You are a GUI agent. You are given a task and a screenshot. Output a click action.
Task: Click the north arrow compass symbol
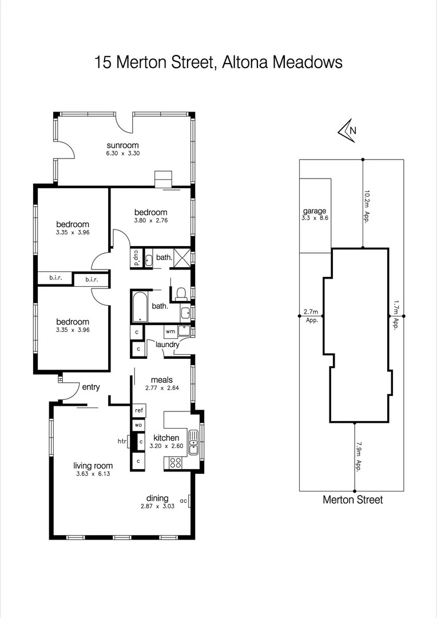tap(347, 130)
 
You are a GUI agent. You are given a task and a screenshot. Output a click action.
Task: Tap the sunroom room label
tap(122, 145)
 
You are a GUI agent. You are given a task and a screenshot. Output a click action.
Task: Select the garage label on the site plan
tap(315, 211)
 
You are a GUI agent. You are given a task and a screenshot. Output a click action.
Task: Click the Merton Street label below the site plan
tap(352, 500)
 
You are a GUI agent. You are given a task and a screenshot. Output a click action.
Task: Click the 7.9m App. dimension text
tap(359, 455)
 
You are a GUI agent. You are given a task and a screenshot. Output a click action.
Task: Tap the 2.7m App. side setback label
tap(311, 316)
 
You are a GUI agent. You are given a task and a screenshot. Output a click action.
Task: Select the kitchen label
tap(166, 438)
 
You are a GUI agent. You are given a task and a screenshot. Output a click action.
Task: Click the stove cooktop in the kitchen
tap(174, 463)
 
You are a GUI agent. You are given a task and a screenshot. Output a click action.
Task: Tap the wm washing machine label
tap(170, 331)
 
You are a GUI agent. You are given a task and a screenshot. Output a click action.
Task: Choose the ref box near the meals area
tap(138, 411)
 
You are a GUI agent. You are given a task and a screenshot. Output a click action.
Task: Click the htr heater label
tap(122, 441)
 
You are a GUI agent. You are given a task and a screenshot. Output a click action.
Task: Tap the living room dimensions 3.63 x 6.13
tap(93, 474)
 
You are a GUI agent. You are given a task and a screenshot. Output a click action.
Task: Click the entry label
tap(91, 387)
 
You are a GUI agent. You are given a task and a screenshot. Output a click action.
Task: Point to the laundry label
tap(168, 344)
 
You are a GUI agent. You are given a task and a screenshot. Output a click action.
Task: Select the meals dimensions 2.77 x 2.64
tap(161, 388)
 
